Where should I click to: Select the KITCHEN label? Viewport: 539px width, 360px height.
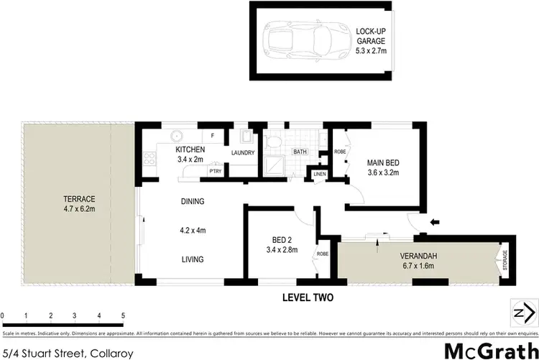click(x=190, y=149)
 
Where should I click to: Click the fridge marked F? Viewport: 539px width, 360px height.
click(x=213, y=135)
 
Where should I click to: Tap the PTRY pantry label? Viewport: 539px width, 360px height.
click(x=214, y=171)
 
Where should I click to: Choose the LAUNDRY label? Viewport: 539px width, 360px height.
click(x=243, y=153)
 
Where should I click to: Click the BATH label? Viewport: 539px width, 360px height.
click(x=300, y=152)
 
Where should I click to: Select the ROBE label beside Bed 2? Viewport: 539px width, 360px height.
click(x=323, y=254)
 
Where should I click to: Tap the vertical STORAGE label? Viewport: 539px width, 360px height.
click(x=505, y=260)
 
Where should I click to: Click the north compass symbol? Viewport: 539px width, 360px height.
click(x=522, y=312)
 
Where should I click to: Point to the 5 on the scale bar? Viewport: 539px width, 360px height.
click(x=123, y=315)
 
